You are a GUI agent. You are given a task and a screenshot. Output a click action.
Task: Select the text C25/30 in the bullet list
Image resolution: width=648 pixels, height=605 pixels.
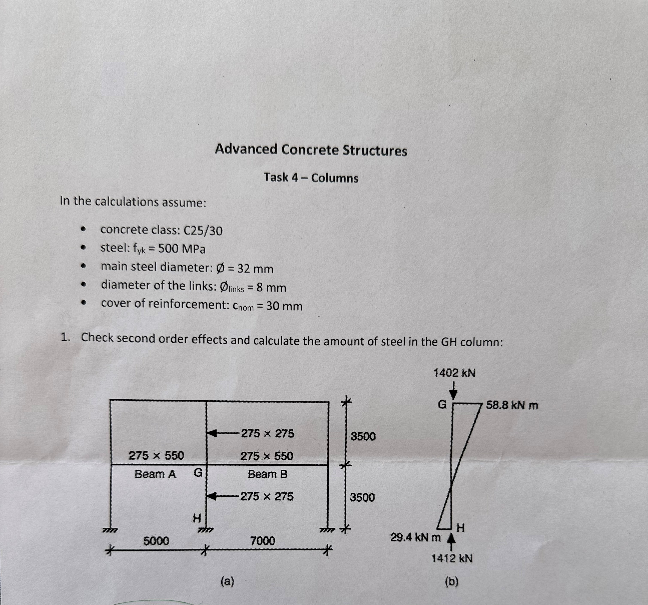pyautogui.click(x=203, y=231)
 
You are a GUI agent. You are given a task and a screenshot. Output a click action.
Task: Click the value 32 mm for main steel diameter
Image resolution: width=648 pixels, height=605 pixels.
pyautogui.click(x=255, y=269)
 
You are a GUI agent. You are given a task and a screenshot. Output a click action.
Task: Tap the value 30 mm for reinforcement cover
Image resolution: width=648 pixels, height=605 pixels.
pyautogui.click(x=284, y=306)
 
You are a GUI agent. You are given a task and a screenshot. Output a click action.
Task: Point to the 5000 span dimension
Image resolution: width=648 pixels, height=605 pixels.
pyautogui.click(x=156, y=541)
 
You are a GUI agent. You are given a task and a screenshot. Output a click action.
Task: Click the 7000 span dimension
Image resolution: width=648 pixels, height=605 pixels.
pyautogui.click(x=263, y=541)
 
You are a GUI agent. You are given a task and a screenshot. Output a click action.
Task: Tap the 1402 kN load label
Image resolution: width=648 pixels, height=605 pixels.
pyautogui.click(x=454, y=373)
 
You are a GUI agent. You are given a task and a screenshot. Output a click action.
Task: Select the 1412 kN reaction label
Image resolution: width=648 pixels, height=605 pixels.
pyautogui.click(x=452, y=558)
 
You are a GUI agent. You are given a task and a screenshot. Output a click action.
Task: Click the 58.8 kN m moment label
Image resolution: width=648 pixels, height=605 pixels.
pyautogui.click(x=512, y=406)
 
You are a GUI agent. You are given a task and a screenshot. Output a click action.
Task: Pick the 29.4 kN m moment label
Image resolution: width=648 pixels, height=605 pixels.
pyautogui.click(x=415, y=537)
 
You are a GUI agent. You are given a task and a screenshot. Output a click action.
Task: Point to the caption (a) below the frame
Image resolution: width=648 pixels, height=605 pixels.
pyautogui.click(x=227, y=581)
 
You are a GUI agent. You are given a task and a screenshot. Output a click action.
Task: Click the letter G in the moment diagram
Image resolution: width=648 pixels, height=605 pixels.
pyautogui.click(x=442, y=404)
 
